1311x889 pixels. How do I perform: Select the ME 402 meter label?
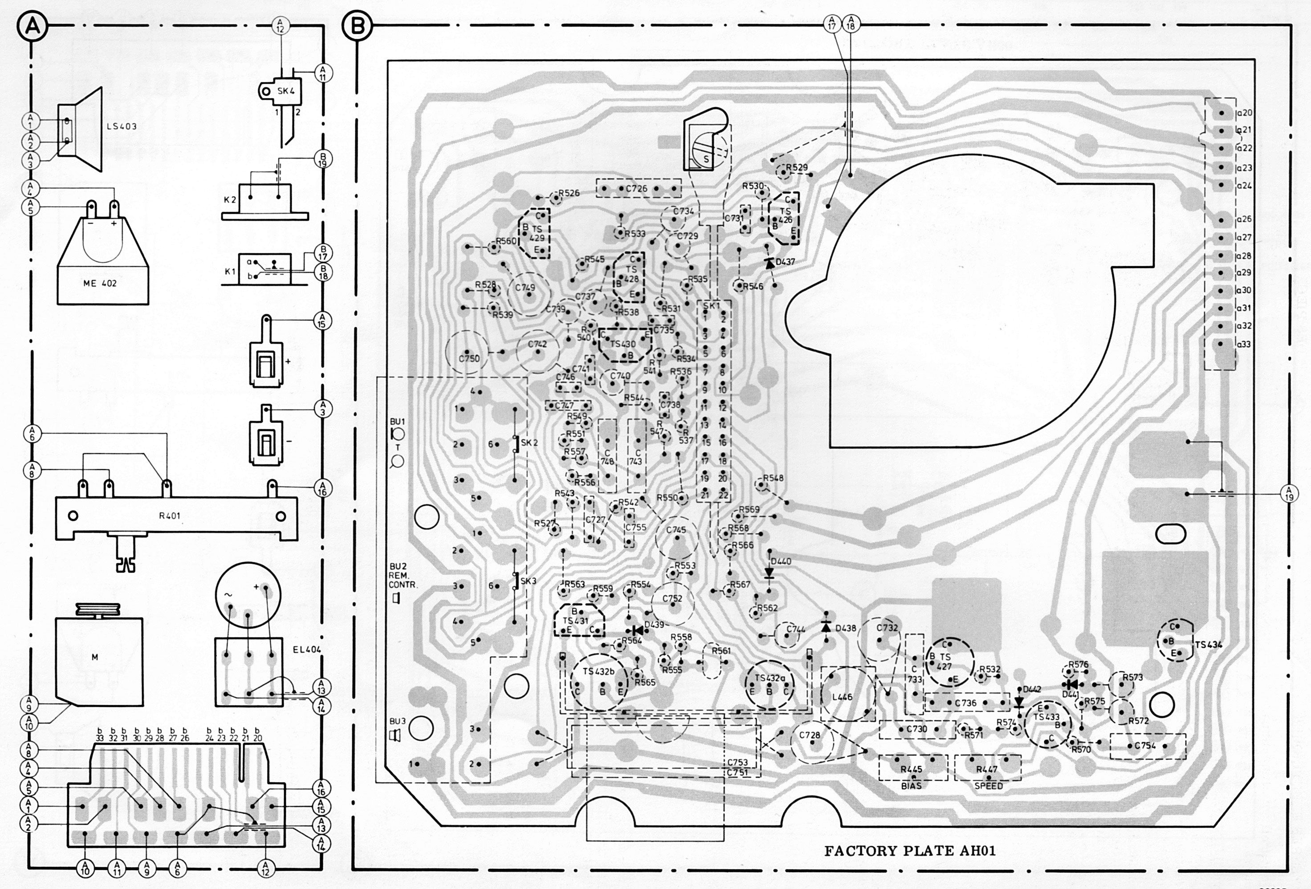100,283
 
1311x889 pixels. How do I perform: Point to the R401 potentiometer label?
169,516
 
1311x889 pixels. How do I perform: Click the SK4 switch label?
285,91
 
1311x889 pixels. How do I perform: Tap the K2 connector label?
230,200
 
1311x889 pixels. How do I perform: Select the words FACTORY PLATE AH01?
910,851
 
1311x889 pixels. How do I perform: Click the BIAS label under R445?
912,786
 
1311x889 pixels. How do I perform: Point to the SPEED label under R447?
988,786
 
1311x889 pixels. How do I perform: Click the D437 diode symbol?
767,262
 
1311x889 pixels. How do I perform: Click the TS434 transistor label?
1208,644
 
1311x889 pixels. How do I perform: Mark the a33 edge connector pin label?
1243,344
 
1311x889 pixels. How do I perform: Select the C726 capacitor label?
636,188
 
